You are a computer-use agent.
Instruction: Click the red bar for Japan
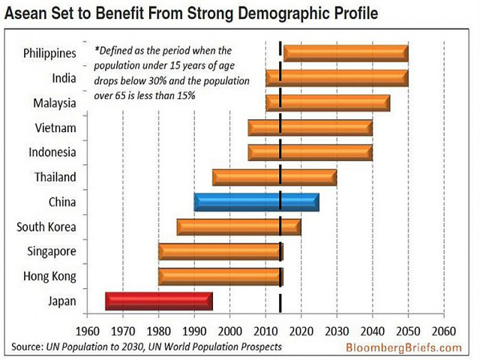pyautogui.click(x=159, y=301)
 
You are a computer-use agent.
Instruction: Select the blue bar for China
pyautogui.click(x=256, y=202)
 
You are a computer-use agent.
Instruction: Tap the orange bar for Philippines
pyautogui.click(x=345, y=53)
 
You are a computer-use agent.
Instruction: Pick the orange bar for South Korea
pyautogui.click(x=238, y=227)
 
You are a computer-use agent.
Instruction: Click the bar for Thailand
pyautogui.click(x=274, y=178)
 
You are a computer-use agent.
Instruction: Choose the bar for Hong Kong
pyautogui.click(x=220, y=277)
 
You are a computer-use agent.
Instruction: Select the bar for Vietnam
pyautogui.click(x=310, y=128)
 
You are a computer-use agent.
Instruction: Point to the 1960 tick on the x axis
pyautogui.click(x=88, y=331)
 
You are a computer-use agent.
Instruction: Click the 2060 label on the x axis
pyautogui.click(x=444, y=331)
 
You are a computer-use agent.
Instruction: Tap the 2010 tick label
pyautogui.click(x=266, y=331)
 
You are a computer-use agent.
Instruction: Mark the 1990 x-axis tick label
pyautogui.click(x=195, y=331)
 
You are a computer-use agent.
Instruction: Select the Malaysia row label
pyautogui.click(x=54, y=103)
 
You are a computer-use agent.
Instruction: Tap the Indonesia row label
pyautogui.click(x=52, y=152)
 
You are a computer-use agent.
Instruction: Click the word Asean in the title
pyautogui.click(x=28, y=13)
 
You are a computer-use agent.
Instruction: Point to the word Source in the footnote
pyautogui.click(x=28, y=346)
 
